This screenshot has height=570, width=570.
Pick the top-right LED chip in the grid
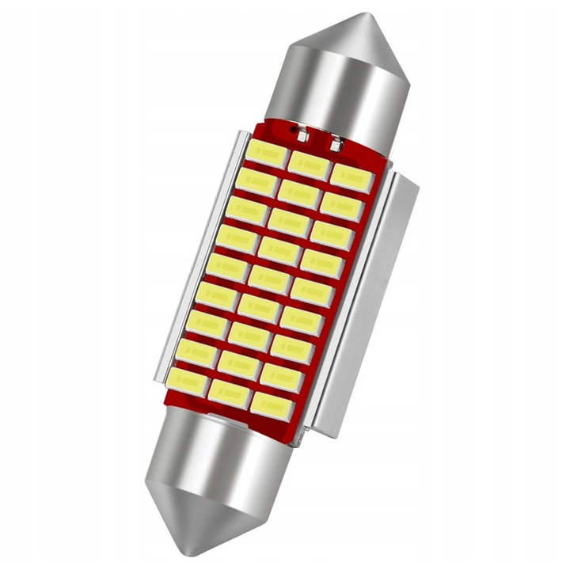[x=351, y=179]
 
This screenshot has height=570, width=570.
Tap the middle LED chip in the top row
[x=309, y=165]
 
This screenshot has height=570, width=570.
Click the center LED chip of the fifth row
[x=269, y=279]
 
